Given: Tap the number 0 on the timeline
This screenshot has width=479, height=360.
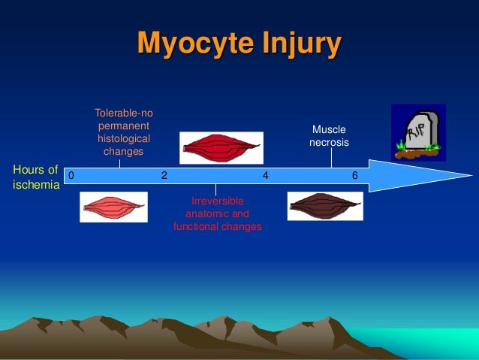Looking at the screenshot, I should (71, 176).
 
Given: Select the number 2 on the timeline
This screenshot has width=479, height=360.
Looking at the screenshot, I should (164, 176).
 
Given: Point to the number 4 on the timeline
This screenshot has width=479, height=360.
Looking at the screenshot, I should (265, 176).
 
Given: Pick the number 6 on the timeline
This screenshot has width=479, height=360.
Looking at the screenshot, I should (355, 176).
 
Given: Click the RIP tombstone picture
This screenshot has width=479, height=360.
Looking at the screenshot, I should (418, 132).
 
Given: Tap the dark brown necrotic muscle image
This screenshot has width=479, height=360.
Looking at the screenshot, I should (325, 206).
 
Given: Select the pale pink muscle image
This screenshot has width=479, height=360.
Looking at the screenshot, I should (113, 207).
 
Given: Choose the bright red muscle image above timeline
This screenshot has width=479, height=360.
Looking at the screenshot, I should (221, 147).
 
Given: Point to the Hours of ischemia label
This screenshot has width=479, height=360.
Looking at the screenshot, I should (35, 177).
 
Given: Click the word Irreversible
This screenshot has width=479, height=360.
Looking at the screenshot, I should (217, 201).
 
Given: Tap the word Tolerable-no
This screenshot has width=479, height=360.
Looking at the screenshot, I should (123, 113).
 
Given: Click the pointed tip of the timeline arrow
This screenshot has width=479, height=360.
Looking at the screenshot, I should (471, 176).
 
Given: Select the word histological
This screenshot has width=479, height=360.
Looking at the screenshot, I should (123, 139).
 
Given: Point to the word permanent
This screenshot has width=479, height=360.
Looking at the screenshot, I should (123, 126).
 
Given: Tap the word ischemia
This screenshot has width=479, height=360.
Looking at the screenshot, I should (36, 185).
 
